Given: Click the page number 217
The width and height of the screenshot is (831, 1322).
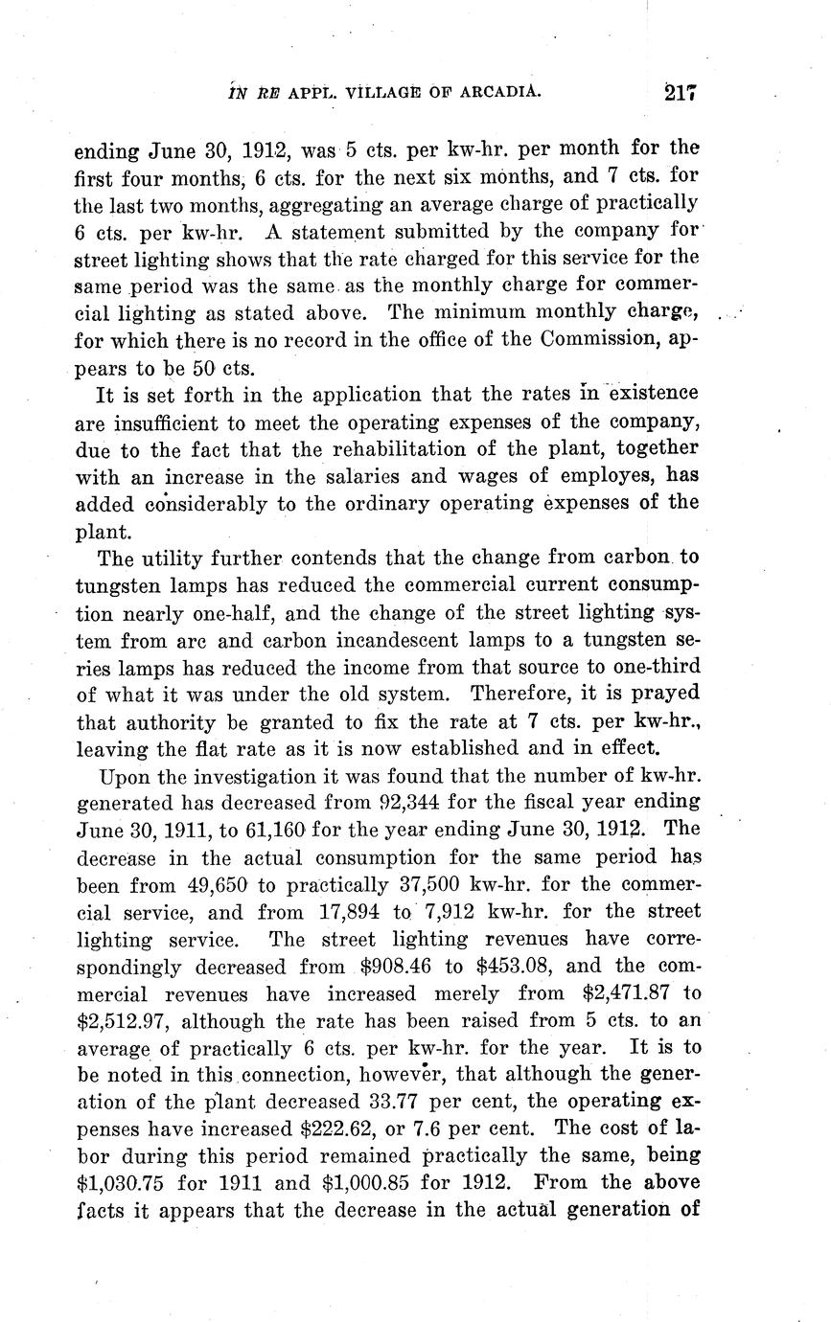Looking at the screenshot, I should pos(678,92).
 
